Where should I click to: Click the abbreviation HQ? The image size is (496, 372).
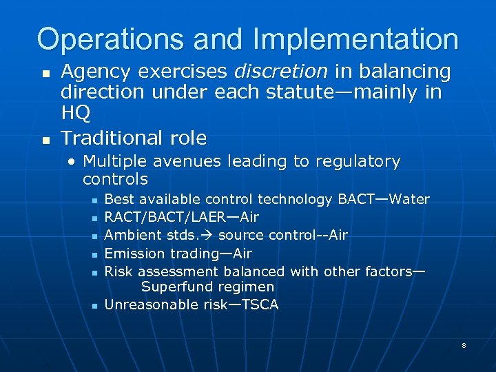(x=75, y=112)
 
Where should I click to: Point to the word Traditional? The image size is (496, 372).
(x=111, y=138)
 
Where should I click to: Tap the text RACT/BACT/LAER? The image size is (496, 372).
(x=161, y=218)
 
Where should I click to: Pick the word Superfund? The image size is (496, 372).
(x=173, y=287)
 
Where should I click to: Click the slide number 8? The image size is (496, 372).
(x=464, y=344)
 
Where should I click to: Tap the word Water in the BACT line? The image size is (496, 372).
(x=409, y=200)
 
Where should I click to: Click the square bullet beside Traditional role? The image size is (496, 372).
(x=45, y=139)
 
